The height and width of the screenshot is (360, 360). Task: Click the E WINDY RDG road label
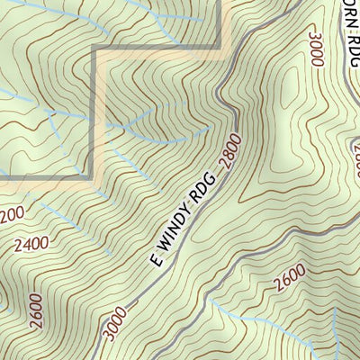[x=185, y=219]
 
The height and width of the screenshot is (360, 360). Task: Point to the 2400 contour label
[x=31, y=244]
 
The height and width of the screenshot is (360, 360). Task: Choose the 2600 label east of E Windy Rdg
[x=290, y=284]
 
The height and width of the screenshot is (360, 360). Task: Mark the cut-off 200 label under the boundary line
[x=11, y=214]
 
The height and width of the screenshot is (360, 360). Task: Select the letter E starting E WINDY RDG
[x=155, y=261]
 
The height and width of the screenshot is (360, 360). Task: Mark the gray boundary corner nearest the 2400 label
[x=94, y=178]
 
